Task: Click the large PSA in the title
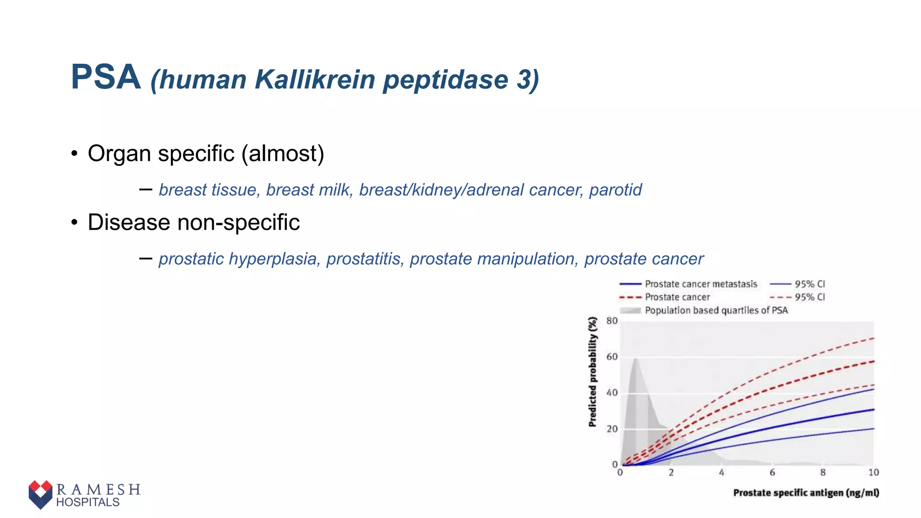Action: tap(106, 77)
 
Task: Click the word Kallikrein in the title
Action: tap(315, 80)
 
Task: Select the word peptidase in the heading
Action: tap(445, 80)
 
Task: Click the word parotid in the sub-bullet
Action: tap(615, 190)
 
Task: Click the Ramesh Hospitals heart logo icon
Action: tap(40, 494)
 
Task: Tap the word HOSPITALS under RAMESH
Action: tap(88, 502)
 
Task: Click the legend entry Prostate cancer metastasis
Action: tap(701, 284)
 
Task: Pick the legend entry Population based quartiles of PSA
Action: tap(716, 310)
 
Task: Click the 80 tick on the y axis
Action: tap(612, 321)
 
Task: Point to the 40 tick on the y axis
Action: tap(612, 393)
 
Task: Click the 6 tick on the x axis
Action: tap(772, 473)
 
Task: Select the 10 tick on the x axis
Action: tap(873, 473)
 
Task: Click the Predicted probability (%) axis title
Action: tap(593, 372)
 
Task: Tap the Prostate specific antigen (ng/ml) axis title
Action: tap(806, 493)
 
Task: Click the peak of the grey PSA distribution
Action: tap(635, 359)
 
